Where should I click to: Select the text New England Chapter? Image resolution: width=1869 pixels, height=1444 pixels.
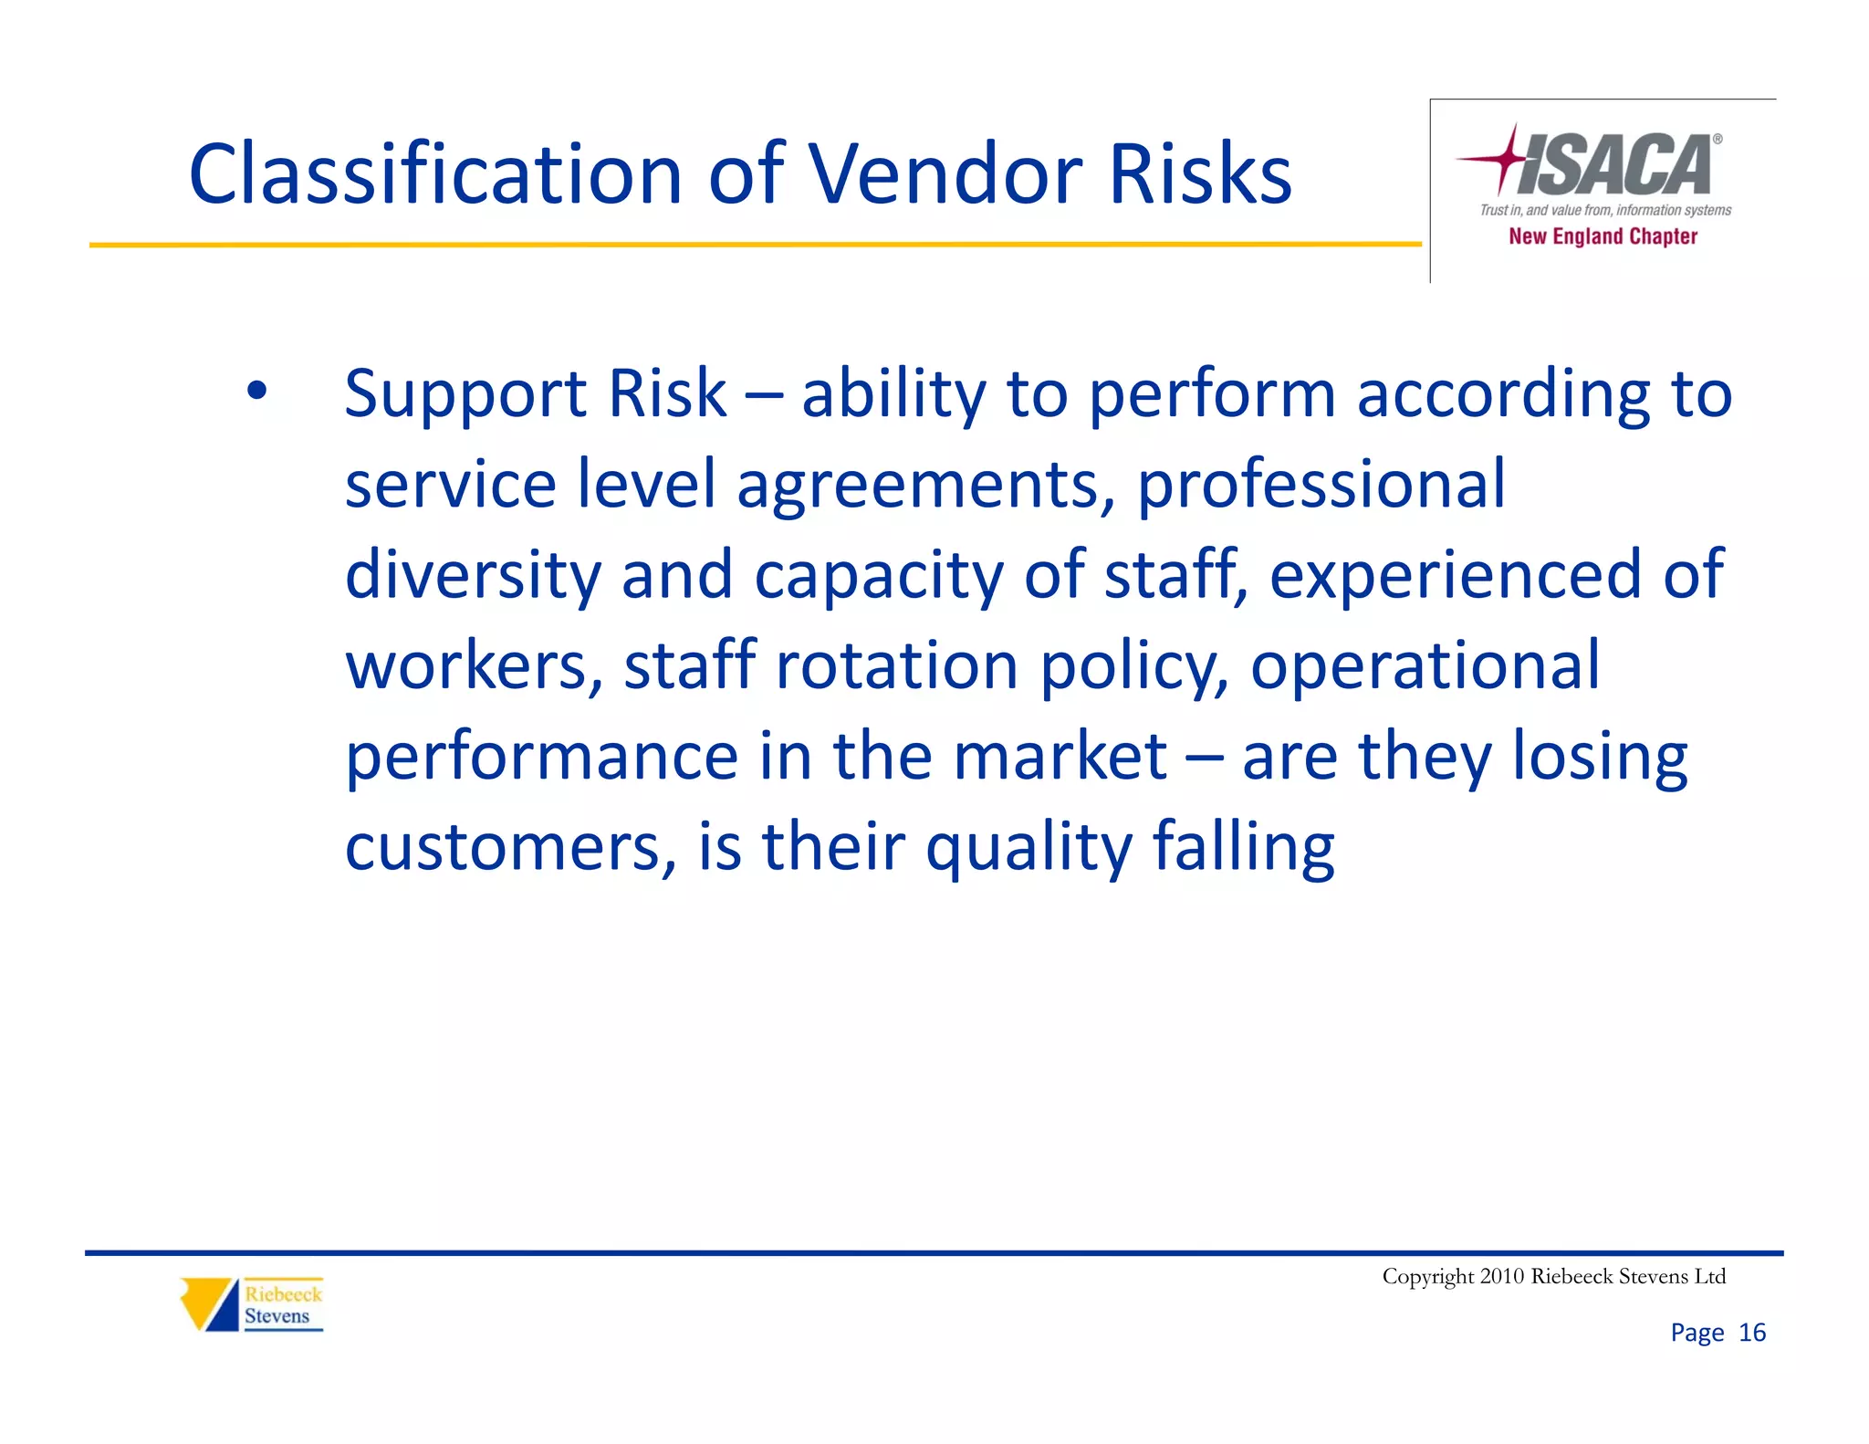[x=1603, y=236]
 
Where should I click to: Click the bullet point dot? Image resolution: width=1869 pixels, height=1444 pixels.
[x=256, y=392]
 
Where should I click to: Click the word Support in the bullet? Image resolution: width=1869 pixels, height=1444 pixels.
[x=465, y=394]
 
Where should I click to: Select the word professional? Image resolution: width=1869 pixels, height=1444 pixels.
[x=1321, y=486]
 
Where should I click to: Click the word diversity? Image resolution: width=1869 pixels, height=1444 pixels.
[x=473, y=575]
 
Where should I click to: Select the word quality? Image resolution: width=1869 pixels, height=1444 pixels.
[x=1028, y=848]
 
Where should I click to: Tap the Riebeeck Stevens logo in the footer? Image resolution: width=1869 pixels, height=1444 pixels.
[x=252, y=1304]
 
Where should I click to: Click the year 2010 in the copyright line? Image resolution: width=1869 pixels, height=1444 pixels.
[x=1502, y=1276]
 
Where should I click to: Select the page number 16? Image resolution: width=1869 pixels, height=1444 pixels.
[x=1752, y=1333]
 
